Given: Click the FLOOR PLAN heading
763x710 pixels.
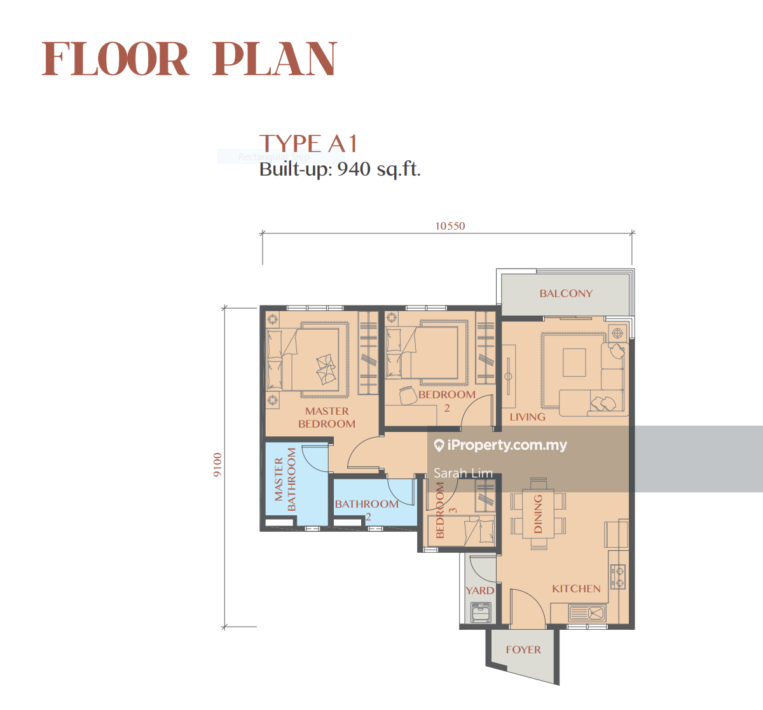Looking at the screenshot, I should click(x=189, y=59).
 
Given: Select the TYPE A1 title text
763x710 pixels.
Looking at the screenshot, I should click(x=308, y=144).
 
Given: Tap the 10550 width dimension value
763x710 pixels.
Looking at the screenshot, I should click(x=450, y=226).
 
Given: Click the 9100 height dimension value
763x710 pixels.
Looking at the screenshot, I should click(x=217, y=465).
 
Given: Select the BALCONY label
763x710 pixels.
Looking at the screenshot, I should click(x=565, y=293).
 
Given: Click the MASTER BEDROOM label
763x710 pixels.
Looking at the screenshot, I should click(x=327, y=417).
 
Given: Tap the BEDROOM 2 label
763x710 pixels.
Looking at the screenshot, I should click(x=447, y=400).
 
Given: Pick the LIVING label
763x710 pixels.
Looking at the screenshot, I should click(x=527, y=417).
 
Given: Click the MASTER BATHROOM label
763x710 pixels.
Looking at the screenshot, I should click(x=285, y=479).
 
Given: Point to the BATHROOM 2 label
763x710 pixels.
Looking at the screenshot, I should click(x=367, y=507).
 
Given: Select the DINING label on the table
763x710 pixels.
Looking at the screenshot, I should click(x=538, y=513).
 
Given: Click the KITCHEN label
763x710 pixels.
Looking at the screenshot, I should click(x=576, y=588).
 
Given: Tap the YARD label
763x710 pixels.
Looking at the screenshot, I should click(x=479, y=590).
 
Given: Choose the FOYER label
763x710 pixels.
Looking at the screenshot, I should click(x=523, y=650).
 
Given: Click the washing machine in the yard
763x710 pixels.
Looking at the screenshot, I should click(x=480, y=613).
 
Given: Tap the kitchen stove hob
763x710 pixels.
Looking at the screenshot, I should click(x=617, y=576).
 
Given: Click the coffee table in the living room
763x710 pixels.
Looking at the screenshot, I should click(x=574, y=363).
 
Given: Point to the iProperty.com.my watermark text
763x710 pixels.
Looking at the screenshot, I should click(x=506, y=445).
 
